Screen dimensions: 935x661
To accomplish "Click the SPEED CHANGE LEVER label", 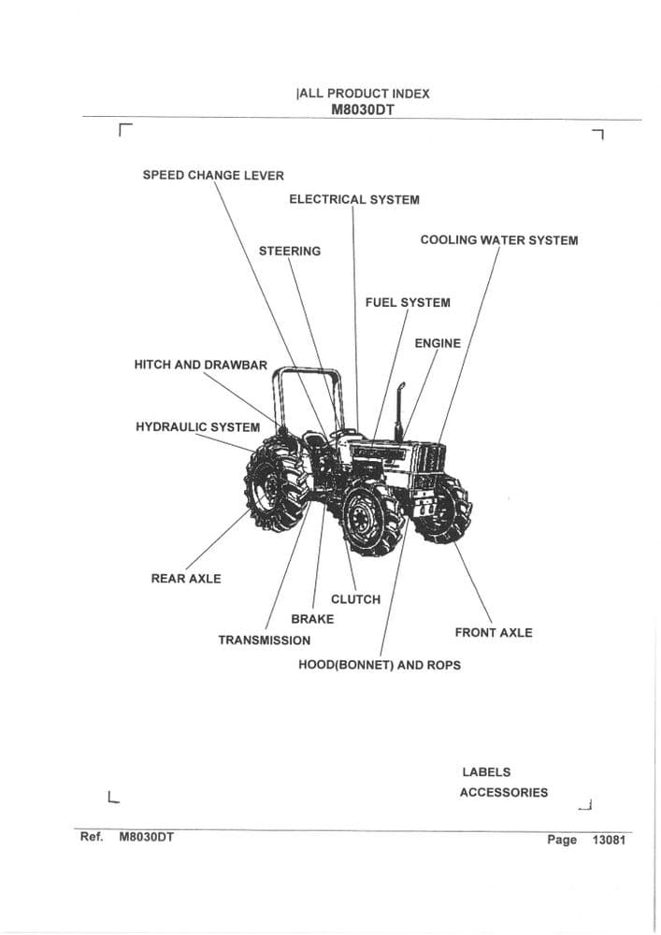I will pos(213,175).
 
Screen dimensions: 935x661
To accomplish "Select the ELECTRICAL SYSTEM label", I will pos(353,199).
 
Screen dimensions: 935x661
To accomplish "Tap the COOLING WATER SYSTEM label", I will pos(498,240).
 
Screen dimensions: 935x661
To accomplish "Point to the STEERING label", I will pos(290,251).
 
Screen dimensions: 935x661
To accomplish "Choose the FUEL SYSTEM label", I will pos(408,303).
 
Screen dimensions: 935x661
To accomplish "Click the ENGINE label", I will pos(438,343).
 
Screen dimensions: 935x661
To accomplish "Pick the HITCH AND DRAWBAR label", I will pos(200,365).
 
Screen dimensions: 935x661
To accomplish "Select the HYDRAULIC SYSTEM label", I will pos(197,427).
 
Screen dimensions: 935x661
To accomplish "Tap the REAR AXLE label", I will pos(186,579).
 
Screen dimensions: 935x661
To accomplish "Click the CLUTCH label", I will pos(355,599).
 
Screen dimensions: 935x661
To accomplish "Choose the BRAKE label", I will pos(312,619).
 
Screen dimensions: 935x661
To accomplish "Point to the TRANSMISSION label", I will pos(265,640).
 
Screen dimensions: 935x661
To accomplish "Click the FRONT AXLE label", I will pos(494,633).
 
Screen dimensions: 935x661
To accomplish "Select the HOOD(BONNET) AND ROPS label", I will pos(379,665).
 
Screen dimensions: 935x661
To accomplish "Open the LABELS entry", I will pos(486,772).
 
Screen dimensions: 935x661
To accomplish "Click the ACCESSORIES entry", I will pos(503,793).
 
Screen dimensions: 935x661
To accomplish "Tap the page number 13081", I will pos(608,840).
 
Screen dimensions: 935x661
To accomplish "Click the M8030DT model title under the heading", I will pos(362,108).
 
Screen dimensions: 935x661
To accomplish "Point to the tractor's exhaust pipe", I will pos(399,411).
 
